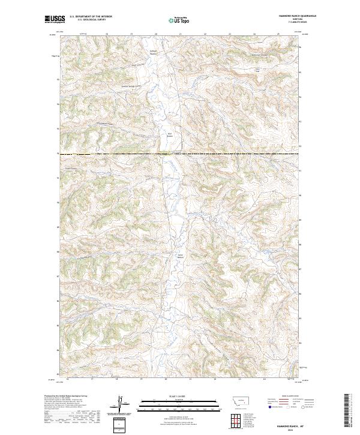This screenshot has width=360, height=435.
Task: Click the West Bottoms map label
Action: [x=170, y=134]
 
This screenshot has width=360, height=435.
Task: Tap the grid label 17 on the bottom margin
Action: [x=92, y=379]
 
